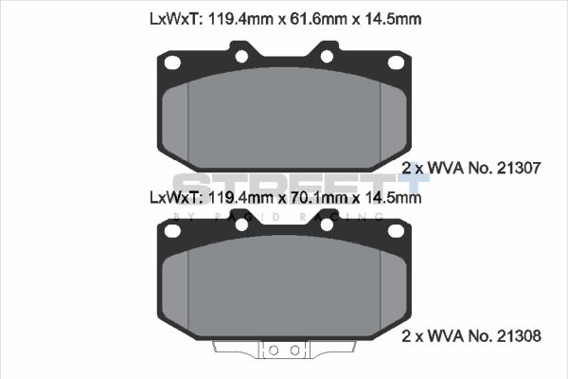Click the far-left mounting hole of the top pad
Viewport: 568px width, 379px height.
coord(173,63)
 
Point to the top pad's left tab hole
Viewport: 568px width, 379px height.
coord(241,56)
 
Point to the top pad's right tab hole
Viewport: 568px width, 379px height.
coord(327,56)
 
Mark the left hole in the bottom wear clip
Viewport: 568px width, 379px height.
coord(274,351)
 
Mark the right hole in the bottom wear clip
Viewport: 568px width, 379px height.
coord(294,351)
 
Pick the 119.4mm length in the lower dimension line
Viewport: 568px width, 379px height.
coord(240,198)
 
